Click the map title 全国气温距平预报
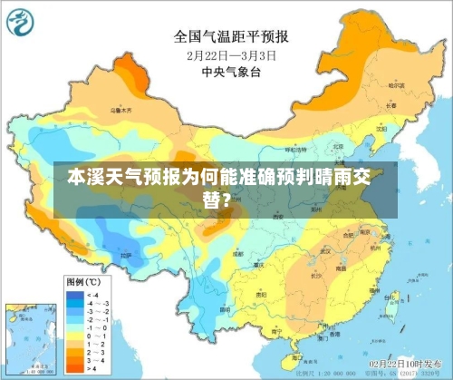click(x=231, y=37)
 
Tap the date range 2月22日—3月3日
click(x=231, y=54)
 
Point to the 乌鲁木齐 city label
click(x=121, y=110)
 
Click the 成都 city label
click(x=237, y=255)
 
